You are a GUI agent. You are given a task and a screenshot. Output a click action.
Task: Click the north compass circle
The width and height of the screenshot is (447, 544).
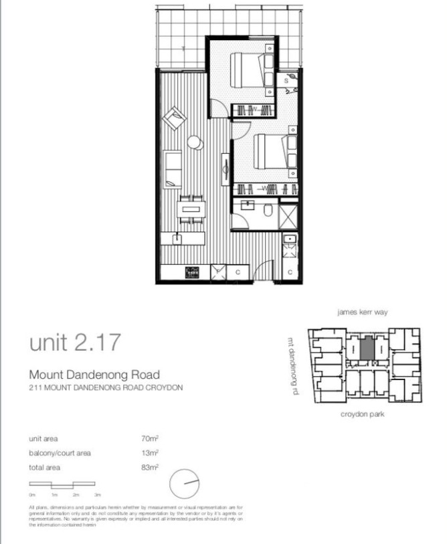pos(185,484)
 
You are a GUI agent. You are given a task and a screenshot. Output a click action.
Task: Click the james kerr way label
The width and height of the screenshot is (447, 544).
pos(364,312)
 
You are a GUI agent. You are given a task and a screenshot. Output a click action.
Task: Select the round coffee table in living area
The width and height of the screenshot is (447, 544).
pos(194,142)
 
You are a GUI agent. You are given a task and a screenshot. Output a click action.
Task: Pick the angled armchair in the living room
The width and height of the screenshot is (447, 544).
pos(176,119)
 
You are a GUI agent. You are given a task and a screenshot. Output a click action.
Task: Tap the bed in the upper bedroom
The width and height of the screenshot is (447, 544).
pos(246,68)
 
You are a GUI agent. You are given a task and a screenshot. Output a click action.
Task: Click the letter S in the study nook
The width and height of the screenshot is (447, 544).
pos(286,80)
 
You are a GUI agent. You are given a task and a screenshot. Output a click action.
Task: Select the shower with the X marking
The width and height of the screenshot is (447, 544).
pos(288,215)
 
